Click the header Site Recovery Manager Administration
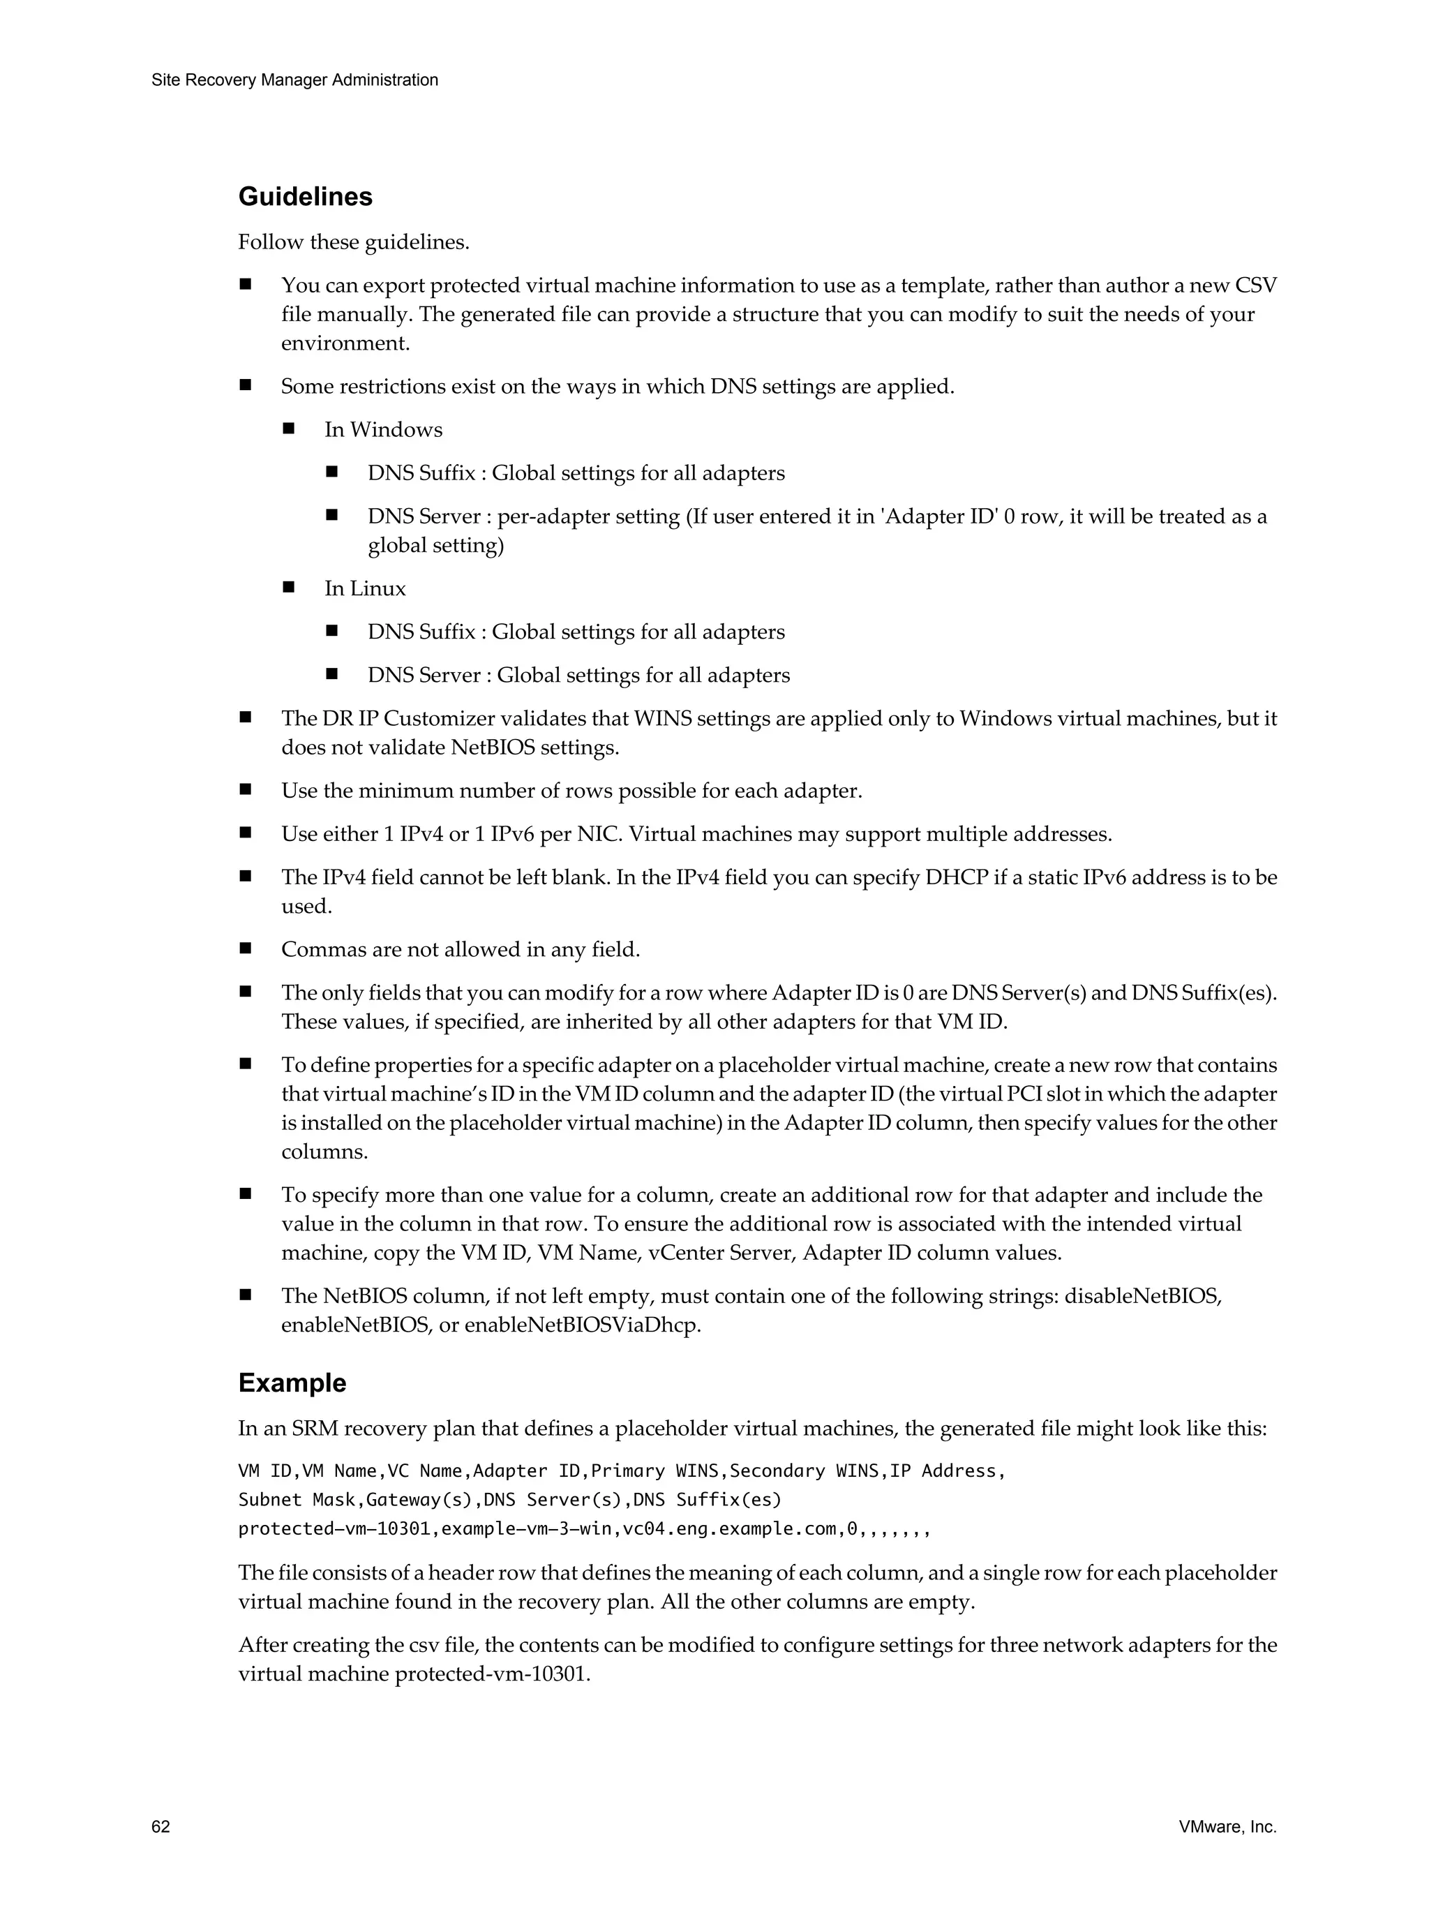point(294,80)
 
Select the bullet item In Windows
point(383,429)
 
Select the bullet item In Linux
point(364,588)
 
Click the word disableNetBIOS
point(1143,1296)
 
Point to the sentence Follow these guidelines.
point(354,242)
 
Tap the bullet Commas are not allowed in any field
point(460,950)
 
